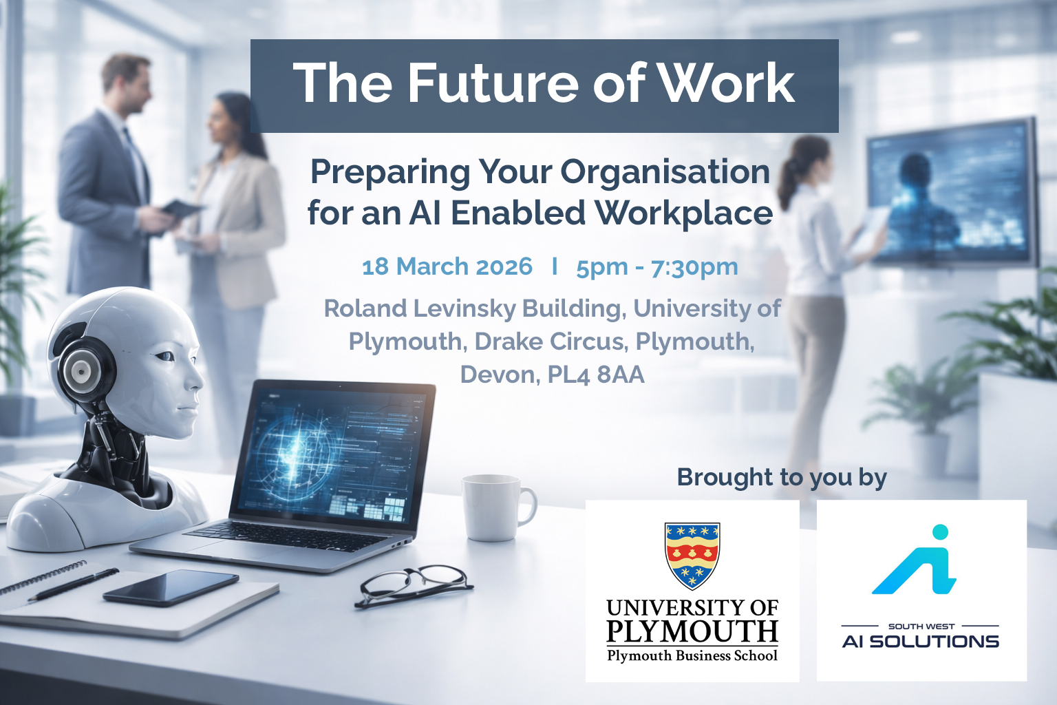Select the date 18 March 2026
(447, 266)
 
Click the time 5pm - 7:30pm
(657, 266)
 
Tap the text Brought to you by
(782, 477)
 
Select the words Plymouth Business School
(692, 655)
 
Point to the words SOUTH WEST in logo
(921, 627)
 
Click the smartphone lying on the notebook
(171, 587)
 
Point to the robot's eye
(165, 356)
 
